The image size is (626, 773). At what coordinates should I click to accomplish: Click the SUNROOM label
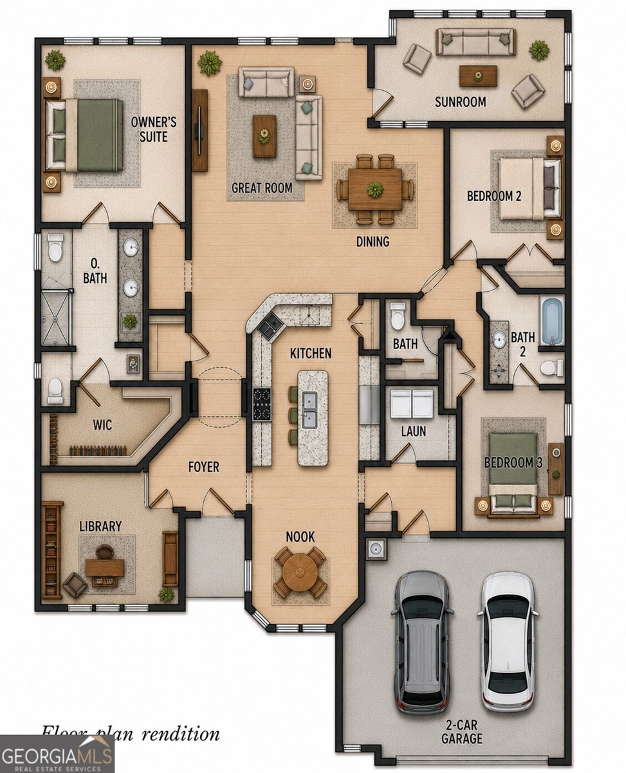(461, 102)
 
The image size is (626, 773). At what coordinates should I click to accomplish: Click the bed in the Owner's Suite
(84, 135)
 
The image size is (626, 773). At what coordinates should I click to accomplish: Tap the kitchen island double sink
(310, 410)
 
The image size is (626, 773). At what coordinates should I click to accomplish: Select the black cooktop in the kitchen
(262, 404)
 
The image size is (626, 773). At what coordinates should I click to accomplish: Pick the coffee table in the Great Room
(264, 136)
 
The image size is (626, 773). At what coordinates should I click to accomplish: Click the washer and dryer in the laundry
(412, 403)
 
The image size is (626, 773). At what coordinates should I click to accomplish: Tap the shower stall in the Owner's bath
(55, 318)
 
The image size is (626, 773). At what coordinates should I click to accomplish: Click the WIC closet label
(102, 425)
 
